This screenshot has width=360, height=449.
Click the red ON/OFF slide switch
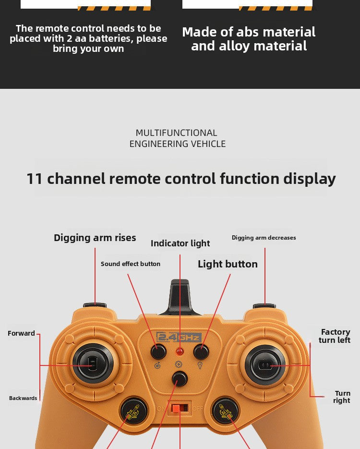[x=180, y=408]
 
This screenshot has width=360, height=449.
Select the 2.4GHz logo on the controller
[x=179, y=337]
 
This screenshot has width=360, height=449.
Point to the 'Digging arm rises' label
[x=95, y=238]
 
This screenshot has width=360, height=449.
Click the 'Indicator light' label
[x=180, y=243]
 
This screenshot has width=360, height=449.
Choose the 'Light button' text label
[x=228, y=264]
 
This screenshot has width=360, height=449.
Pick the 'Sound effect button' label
[x=131, y=264]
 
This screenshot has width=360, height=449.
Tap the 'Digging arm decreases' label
[x=264, y=238]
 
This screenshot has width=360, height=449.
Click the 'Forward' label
[x=21, y=333]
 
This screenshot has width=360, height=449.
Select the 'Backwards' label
[x=23, y=398]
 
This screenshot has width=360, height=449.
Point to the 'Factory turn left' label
[x=335, y=336]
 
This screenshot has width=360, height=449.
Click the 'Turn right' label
[x=342, y=397]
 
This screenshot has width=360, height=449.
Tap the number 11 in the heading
[x=35, y=179]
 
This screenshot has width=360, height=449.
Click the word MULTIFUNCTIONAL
[x=177, y=133]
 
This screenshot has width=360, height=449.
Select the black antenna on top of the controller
[x=180, y=295]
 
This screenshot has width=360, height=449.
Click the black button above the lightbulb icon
[x=201, y=352]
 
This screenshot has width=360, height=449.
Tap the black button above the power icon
[x=158, y=352]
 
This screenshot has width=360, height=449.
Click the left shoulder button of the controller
[x=95, y=304]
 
